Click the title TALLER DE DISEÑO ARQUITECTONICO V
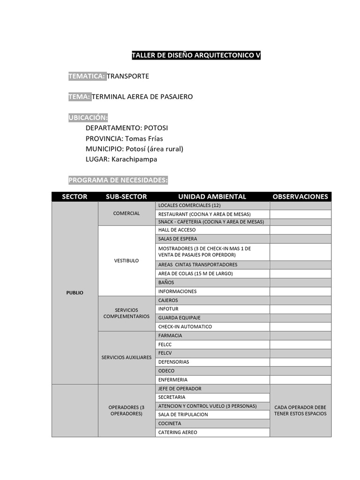point(196,55)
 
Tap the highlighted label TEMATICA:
point(87,76)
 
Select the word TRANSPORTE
point(128,76)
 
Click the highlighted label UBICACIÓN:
point(88,117)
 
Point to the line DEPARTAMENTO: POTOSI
point(127,127)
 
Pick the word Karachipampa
point(134,159)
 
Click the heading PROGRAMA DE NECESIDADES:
point(118,180)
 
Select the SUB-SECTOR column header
point(126,196)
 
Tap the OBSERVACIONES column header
point(300,196)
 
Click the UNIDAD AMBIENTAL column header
point(212,196)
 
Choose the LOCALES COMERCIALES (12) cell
point(189,205)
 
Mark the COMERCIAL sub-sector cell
point(127,213)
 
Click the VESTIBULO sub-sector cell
point(127,261)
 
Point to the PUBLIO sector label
point(75,292)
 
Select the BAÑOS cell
point(166,283)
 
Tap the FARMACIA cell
point(170,336)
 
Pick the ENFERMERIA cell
point(172,380)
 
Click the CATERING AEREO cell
point(178,432)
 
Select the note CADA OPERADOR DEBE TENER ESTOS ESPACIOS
point(300,410)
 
